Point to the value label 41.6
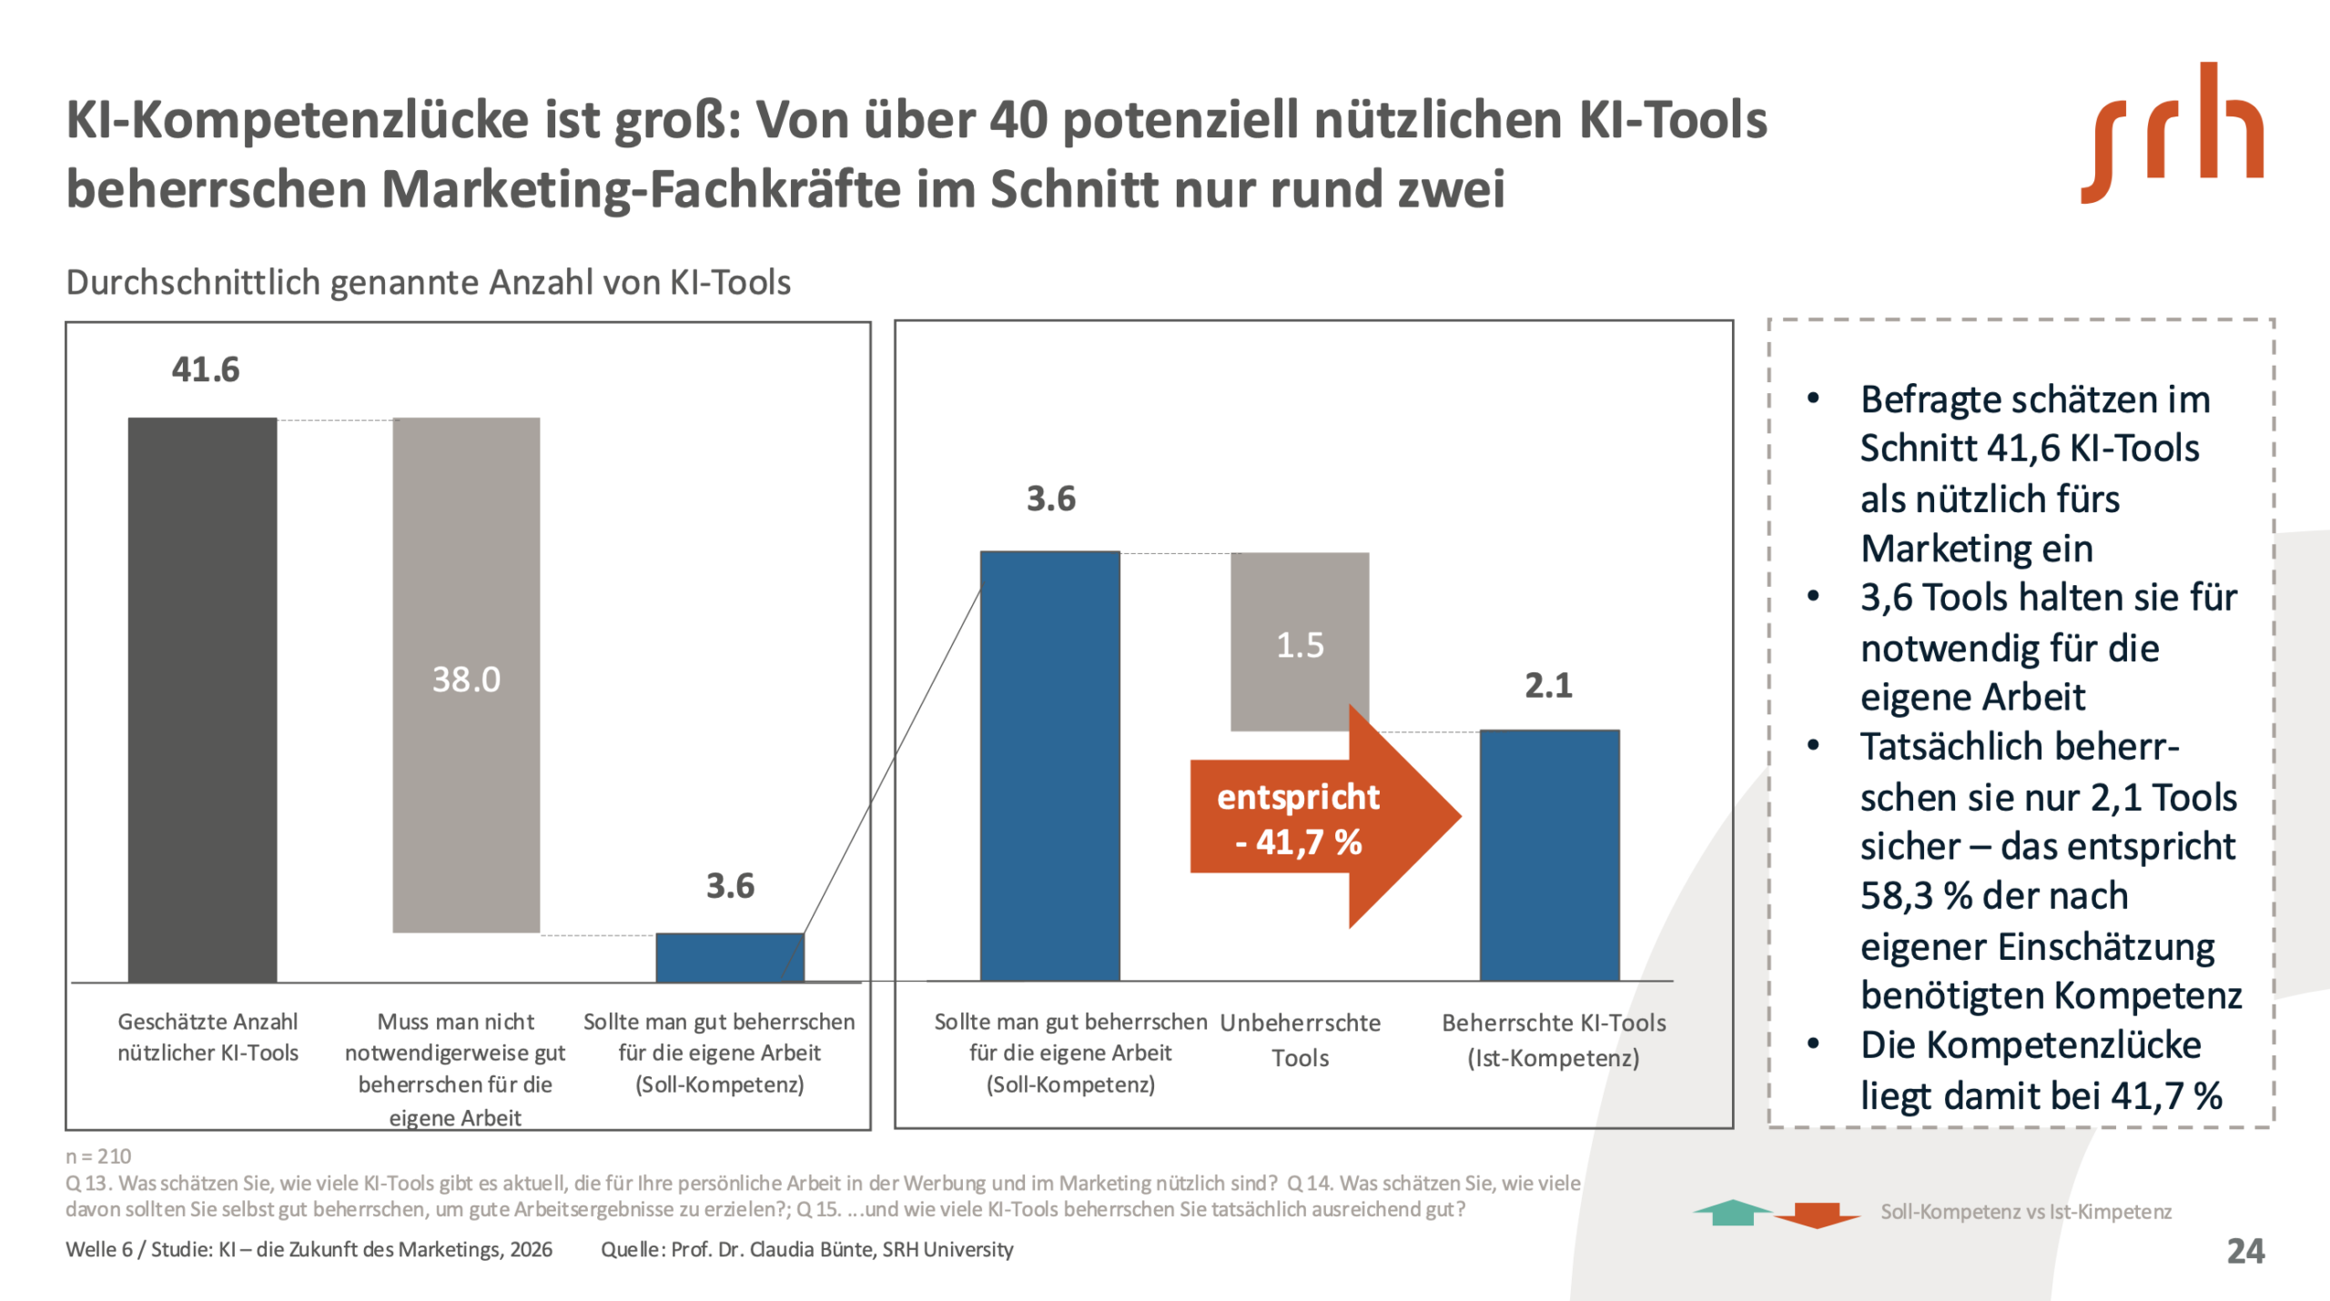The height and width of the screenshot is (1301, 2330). pos(206,369)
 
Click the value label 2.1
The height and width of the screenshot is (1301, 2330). pos(1548,685)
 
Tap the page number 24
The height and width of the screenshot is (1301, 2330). pos(2245,1251)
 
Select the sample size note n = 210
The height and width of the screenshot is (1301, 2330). pos(98,1156)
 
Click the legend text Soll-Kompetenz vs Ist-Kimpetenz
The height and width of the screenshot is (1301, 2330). pos(2026,1212)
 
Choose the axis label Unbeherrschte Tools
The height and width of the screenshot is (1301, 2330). pos(1300,1040)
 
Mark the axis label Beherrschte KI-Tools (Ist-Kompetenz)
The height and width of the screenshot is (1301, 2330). pos(1554,1040)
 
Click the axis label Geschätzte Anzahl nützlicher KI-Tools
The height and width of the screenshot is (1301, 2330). pos(208,1037)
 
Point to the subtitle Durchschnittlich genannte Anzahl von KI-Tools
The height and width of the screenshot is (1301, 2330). pos(428,282)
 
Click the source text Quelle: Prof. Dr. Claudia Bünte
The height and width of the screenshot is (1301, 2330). pos(806,1249)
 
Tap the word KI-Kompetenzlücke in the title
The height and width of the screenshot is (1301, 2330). pos(298,119)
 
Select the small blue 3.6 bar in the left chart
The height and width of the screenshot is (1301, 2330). pos(730,957)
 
